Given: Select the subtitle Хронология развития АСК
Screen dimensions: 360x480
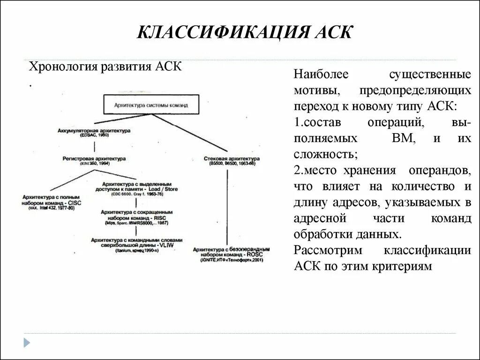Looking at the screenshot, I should coord(105,67).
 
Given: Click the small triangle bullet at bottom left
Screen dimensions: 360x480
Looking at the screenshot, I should coord(27,342).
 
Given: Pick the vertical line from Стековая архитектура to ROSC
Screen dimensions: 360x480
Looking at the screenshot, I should coord(228,206).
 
